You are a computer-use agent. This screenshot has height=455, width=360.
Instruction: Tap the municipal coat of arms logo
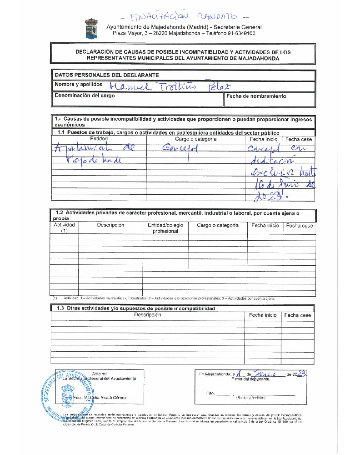tap(91, 29)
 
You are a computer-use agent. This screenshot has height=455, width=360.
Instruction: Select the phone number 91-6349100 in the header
tap(239, 34)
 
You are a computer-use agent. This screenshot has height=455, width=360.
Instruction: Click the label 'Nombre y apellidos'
tap(79, 85)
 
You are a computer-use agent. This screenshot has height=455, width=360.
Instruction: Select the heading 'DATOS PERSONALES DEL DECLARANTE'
tap(107, 75)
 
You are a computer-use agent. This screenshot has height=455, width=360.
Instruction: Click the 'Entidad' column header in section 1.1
tap(99, 139)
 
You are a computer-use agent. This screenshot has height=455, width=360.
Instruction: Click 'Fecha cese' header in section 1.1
tap(299, 139)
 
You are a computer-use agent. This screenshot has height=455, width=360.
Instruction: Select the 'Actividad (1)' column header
tap(64, 228)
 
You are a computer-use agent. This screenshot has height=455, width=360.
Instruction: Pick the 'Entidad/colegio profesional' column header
tap(165, 228)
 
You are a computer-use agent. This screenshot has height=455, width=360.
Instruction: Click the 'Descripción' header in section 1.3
tap(148, 315)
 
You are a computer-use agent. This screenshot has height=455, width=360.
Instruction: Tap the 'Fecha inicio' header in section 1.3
tap(263, 315)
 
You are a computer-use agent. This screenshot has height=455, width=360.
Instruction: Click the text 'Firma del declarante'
tap(250, 379)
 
